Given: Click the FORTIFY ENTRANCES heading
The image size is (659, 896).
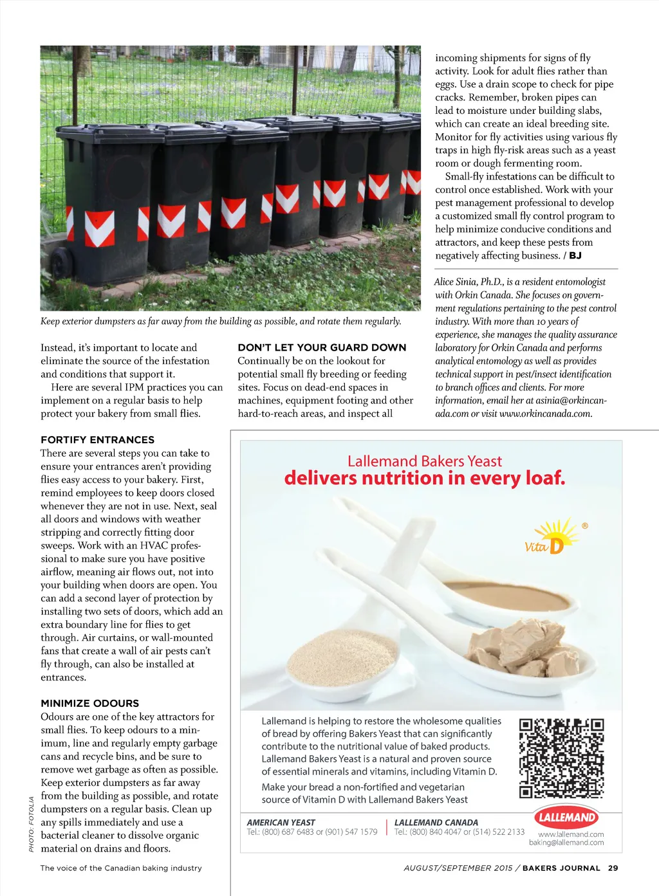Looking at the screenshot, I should click(97, 440).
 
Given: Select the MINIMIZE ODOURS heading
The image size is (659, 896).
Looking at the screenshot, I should click(89, 703).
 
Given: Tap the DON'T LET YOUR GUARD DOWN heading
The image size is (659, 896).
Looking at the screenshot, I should click(322, 347).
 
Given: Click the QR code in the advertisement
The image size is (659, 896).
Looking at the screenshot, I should click(561, 758).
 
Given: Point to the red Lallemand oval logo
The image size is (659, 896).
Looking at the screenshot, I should click(566, 818).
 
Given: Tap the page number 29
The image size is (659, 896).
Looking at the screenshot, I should click(613, 868).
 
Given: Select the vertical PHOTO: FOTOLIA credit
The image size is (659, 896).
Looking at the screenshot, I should click(32, 824).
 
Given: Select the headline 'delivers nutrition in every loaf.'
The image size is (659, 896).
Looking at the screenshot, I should click(424, 479).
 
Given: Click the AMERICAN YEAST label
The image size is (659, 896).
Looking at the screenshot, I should click(281, 822).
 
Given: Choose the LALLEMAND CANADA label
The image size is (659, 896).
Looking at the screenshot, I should click(436, 822).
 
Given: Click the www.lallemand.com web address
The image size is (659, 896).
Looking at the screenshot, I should click(571, 834).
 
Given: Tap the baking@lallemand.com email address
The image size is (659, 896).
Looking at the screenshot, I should click(566, 843).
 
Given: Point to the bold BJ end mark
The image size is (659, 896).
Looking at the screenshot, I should click(575, 255).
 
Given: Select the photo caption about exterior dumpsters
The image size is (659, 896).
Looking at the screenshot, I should click(221, 321).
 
